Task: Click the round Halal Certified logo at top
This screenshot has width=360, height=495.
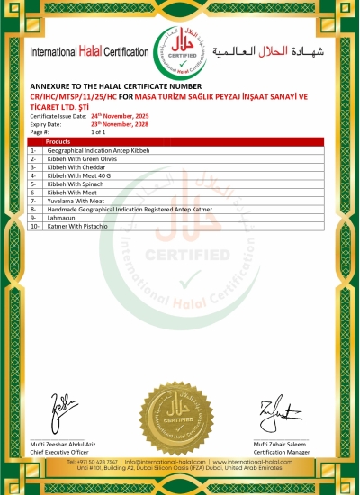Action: (182, 51)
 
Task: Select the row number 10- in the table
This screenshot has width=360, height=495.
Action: (35, 226)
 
